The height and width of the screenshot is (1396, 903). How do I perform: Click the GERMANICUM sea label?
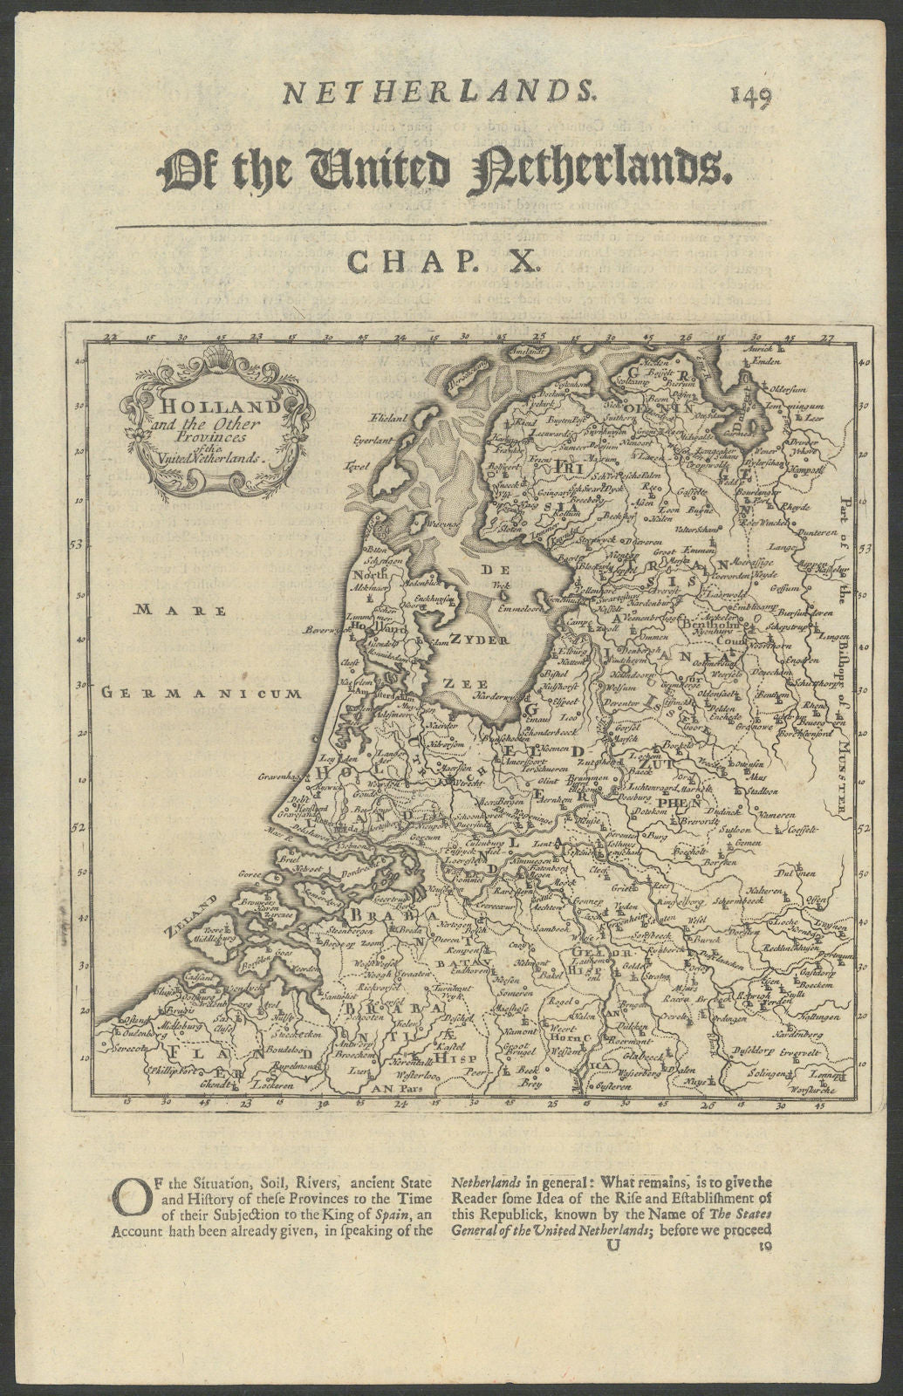click(x=200, y=694)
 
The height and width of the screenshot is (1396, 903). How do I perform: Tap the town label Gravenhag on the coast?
click(x=284, y=776)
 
